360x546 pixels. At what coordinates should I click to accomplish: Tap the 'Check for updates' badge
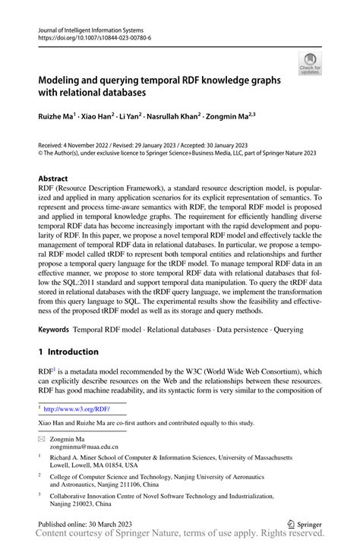click(x=310, y=65)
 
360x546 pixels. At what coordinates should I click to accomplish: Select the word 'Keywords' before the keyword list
click(x=53, y=330)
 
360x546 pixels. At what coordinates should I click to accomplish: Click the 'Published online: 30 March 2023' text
click(x=85, y=523)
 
